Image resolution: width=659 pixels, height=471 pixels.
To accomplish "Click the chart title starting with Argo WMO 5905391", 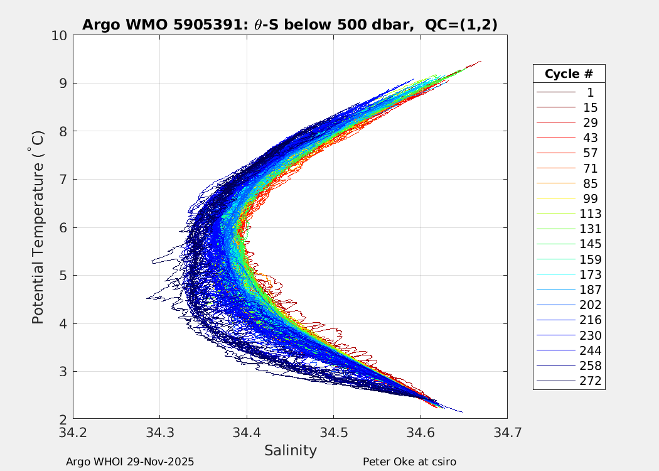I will [290, 24].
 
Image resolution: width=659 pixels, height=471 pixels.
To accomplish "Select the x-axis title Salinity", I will [290, 450].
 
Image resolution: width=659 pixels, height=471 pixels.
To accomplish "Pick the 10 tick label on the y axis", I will [60, 35].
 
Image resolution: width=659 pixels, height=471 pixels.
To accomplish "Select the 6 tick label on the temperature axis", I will [63, 227].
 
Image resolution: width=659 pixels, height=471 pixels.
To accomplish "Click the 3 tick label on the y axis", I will [63, 371].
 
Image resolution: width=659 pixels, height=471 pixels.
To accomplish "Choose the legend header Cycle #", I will [569, 73].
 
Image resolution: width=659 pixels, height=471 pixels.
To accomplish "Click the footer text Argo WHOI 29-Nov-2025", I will [130, 462].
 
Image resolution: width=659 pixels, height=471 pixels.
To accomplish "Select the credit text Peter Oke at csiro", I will [409, 462].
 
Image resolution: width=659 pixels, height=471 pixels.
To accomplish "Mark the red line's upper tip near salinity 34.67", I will [481, 61].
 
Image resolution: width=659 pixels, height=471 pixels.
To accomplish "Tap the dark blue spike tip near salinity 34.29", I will [147, 298].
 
